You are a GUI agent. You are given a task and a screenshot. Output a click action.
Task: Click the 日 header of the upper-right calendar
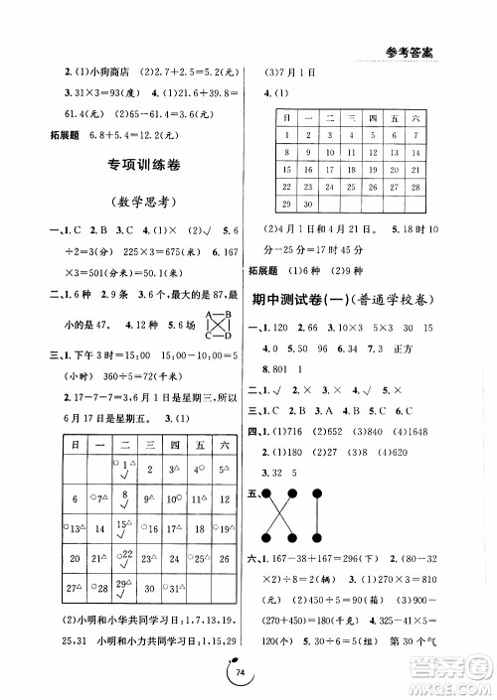coord(286,116)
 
